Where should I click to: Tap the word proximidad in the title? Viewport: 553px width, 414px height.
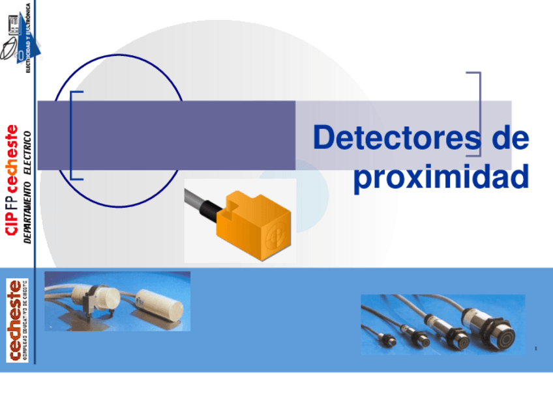click(441, 176)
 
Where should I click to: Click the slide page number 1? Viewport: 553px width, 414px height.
click(535, 350)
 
